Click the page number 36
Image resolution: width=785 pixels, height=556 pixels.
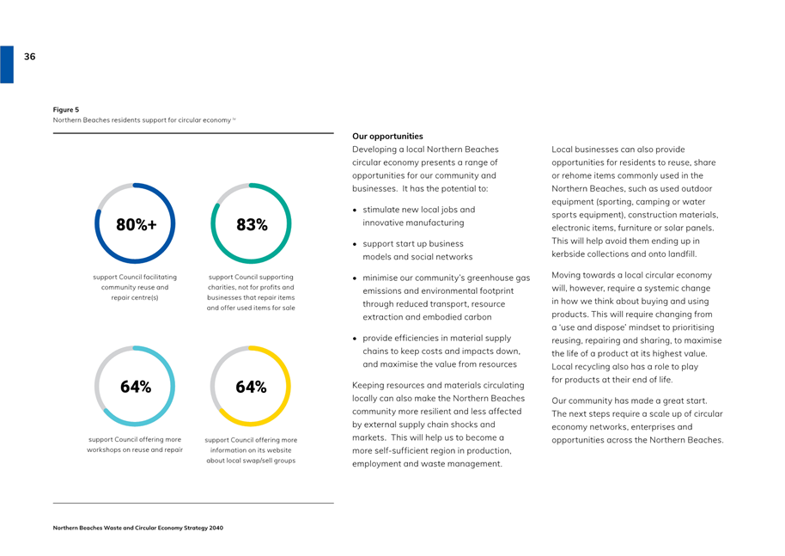point(29,57)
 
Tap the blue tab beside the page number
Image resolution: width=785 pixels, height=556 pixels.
point(7,64)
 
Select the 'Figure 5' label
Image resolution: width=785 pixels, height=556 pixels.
point(66,110)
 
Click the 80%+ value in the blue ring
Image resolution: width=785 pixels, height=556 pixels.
point(137,224)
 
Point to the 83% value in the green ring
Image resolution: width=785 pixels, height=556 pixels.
point(252,224)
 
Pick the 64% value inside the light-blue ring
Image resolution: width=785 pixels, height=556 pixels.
point(136,387)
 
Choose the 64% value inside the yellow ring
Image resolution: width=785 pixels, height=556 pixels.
point(251,387)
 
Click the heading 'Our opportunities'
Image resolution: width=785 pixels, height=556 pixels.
point(387,137)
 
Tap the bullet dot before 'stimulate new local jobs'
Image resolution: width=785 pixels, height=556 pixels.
point(355,211)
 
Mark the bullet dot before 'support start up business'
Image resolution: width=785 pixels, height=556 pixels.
point(355,244)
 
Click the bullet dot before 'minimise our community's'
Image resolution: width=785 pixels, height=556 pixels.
point(355,278)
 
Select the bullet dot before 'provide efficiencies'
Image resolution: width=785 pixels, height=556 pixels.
point(355,339)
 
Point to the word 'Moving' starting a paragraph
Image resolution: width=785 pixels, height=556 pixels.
point(567,275)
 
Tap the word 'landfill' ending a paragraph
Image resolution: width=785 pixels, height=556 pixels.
point(682,254)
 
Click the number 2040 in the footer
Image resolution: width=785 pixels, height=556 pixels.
point(216,528)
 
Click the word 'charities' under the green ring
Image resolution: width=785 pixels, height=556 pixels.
point(222,288)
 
